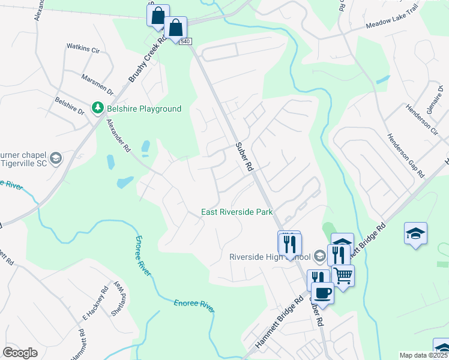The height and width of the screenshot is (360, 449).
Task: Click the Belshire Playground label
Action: tap(144, 109)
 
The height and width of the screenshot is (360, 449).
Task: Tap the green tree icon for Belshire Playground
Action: tap(97, 108)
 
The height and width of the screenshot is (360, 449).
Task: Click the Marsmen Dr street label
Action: tap(97, 84)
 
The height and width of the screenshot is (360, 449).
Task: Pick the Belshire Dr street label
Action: tap(70, 107)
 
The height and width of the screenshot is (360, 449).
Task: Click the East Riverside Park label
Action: tap(237, 212)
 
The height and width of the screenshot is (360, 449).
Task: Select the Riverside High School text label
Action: tap(270, 257)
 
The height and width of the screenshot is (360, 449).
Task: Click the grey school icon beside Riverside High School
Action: tap(320, 256)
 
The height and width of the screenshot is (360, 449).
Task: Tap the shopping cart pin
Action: tap(343, 275)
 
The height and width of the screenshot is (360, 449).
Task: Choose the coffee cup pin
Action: tap(322, 292)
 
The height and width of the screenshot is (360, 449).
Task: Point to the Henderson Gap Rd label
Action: tap(406, 155)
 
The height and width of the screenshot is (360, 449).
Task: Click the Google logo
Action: tap(20, 353)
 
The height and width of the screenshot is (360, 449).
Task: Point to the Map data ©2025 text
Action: tap(423, 355)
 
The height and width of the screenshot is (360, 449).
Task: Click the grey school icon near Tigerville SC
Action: tap(56, 158)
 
